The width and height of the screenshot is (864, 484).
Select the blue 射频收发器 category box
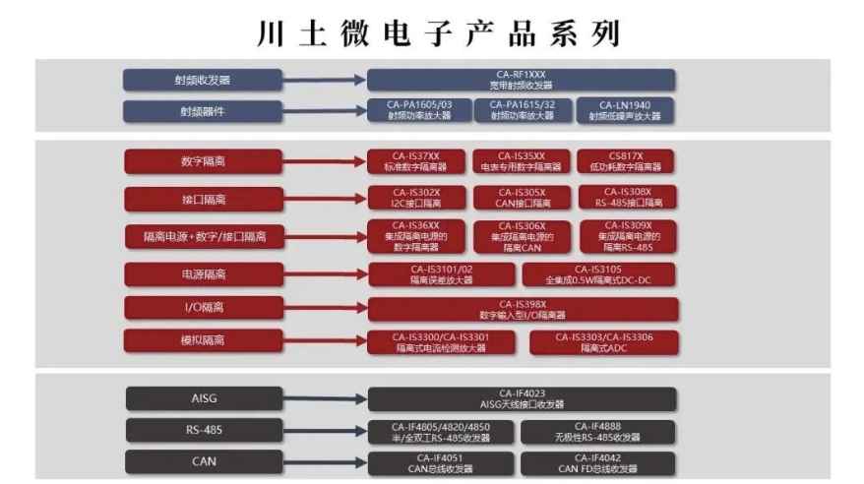point(203,80)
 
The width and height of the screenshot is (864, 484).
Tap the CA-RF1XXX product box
point(521,80)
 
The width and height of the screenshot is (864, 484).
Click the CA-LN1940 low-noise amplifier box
point(626,110)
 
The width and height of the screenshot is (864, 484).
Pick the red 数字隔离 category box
point(204,160)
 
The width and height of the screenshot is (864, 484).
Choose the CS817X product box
point(626,160)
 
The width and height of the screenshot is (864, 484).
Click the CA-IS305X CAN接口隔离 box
point(521,197)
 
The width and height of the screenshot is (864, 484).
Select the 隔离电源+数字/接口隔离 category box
point(204,236)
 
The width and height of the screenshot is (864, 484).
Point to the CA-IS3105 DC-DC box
point(598,274)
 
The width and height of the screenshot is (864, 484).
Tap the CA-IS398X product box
point(521,310)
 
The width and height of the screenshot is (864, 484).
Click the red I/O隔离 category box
point(204,309)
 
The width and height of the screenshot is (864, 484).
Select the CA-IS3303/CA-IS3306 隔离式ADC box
point(603,342)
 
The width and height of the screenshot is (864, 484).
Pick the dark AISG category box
point(204,398)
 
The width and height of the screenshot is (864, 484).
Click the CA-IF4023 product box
point(521,398)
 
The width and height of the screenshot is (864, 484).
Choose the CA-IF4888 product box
point(598,431)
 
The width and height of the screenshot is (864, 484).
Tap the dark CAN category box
point(204,461)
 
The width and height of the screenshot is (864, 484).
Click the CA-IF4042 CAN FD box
point(598,462)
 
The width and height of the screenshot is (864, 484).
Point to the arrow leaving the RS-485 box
point(325,431)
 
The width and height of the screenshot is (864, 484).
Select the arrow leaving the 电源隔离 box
point(325,273)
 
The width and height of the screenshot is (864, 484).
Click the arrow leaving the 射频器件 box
point(325,110)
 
